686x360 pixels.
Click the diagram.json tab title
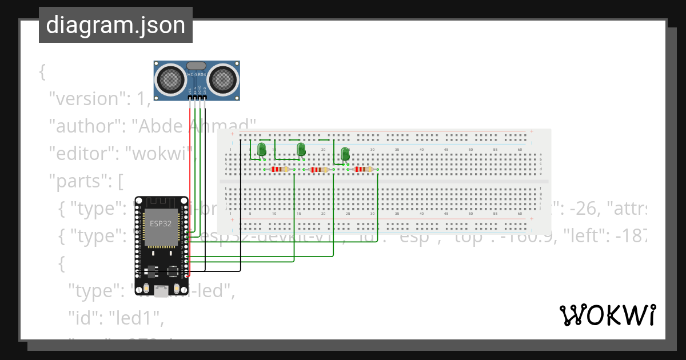point(115,25)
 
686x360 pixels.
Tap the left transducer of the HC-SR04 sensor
point(170,79)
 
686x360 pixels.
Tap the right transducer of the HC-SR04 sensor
point(222,79)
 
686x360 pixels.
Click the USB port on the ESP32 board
point(162,291)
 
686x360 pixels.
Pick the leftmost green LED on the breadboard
point(262,150)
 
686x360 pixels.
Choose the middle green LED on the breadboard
point(301,150)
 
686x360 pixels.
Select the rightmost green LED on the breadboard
point(345,154)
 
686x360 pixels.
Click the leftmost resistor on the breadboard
point(280,169)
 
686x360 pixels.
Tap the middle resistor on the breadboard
point(318,170)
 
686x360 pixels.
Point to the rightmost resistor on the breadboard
point(363,169)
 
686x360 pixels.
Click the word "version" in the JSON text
point(85,99)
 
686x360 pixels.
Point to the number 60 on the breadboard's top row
point(520,149)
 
